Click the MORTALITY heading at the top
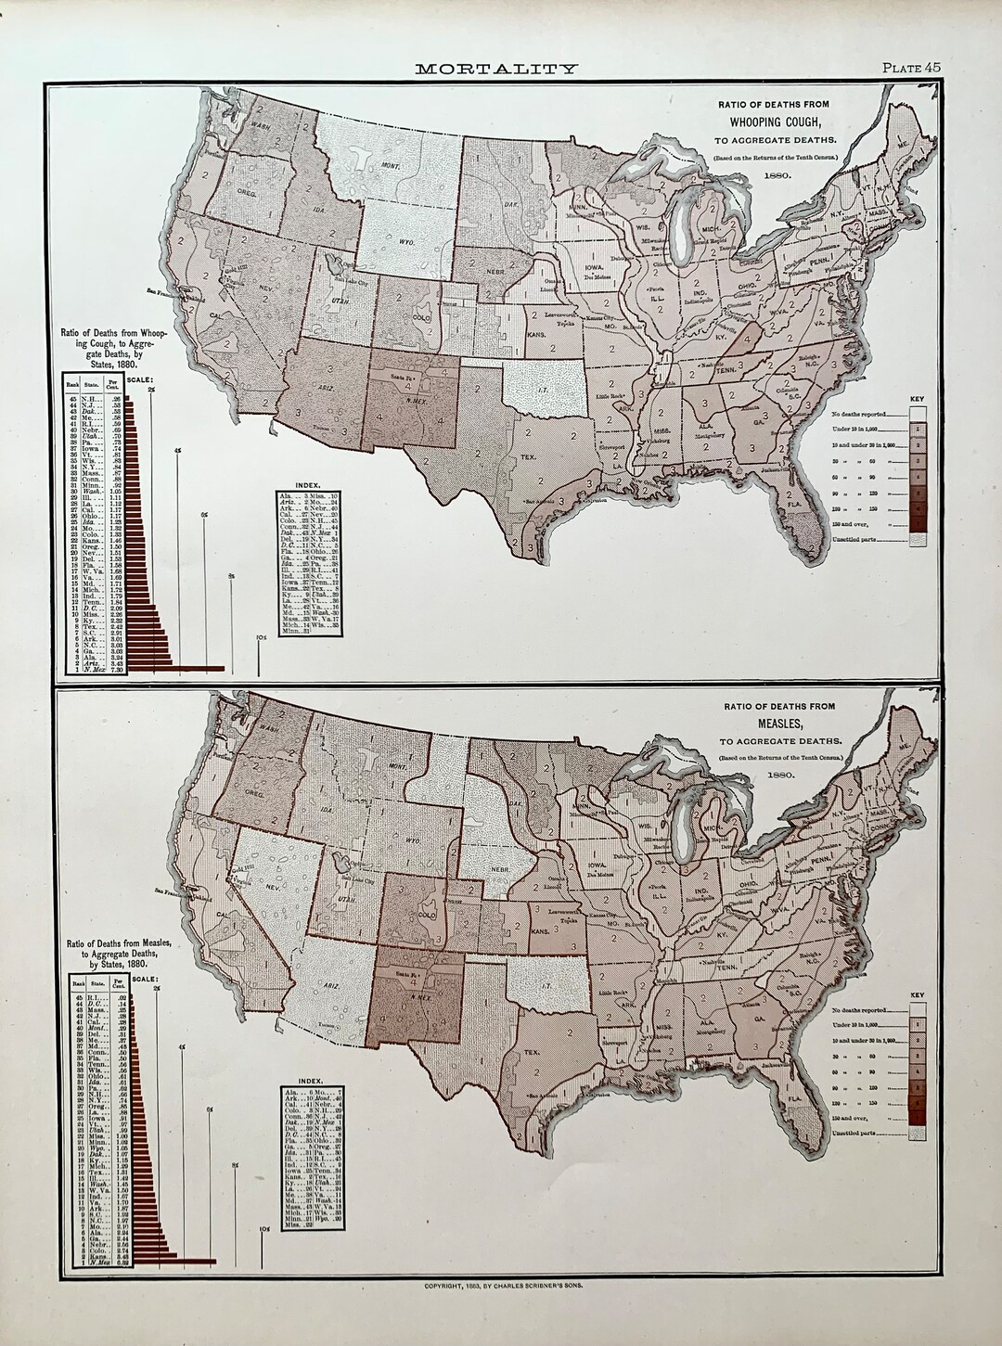click(x=496, y=68)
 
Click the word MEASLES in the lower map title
click(x=777, y=723)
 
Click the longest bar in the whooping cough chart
click(x=176, y=668)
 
